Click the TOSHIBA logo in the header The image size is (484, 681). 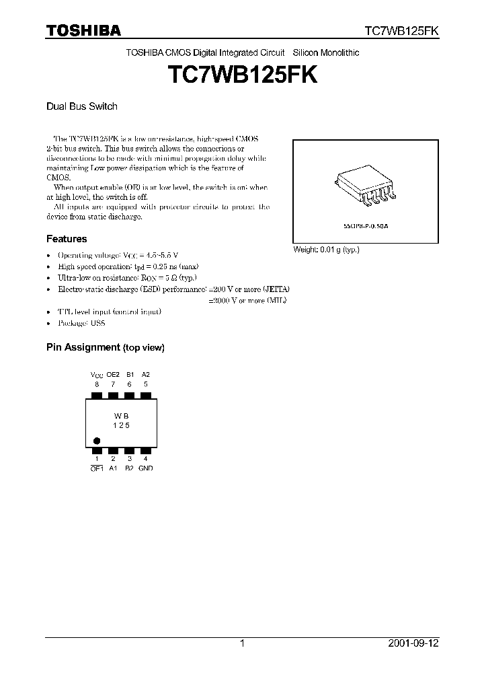coord(83,30)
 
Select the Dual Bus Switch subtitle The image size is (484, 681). coord(81,106)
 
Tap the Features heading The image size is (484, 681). coord(67,239)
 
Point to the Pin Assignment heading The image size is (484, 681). coord(105,348)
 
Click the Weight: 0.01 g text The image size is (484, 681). coord(326,250)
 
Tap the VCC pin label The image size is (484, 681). coord(97,374)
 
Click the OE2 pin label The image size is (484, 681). coord(113,374)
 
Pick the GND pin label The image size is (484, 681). coord(146,468)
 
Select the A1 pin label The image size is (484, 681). coord(113,468)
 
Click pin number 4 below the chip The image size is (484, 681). coord(146,460)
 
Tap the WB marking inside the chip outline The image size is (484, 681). coord(121,416)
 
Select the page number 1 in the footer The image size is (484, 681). coord(242,643)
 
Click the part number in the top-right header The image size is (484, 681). coord(402,31)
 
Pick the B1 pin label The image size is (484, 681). coord(130,374)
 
